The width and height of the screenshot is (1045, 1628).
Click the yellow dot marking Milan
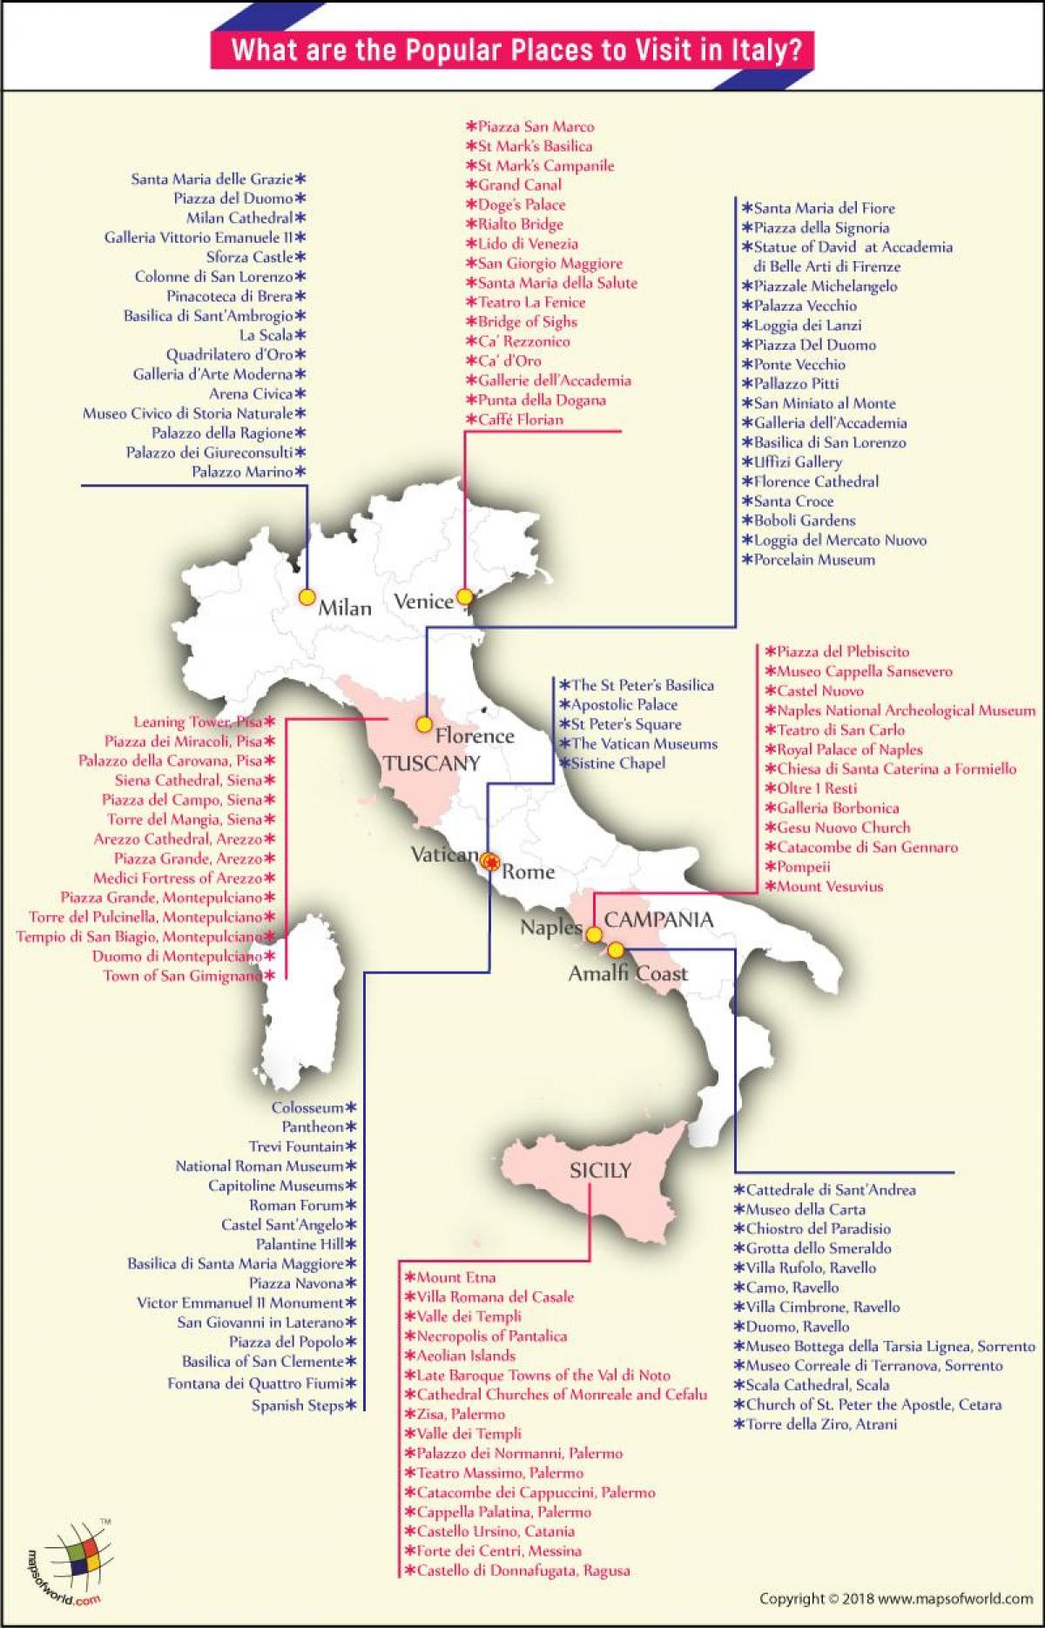[x=307, y=597]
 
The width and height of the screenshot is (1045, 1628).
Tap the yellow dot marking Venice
[x=464, y=596]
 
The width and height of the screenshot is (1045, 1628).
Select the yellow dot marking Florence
[x=424, y=724]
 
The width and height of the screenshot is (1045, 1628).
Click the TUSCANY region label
[x=432, y=764]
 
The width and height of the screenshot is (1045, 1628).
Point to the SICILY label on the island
[x=600, y=1171]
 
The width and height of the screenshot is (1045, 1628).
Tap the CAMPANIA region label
[x=658, y=919]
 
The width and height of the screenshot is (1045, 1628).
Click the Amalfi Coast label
[x=627, y=973]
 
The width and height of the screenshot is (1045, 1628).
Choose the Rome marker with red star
[x=491, y=862]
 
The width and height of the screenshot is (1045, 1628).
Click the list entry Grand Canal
[x=519, y=185]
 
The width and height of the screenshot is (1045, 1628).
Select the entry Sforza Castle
[x=250, y=257]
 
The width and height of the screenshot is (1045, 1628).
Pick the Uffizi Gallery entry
[x=798, y=462]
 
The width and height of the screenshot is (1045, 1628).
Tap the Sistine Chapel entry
[x=617, y=764]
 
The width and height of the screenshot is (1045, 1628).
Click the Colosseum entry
[x=307, y=1107]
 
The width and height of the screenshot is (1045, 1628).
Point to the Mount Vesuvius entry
[x=829, y=886]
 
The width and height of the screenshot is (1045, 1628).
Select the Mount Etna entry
[x=455, y=1277]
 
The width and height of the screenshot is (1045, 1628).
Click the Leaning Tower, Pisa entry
[x=198, y=722]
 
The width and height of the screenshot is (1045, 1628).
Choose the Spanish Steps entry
[x=298, y=1405]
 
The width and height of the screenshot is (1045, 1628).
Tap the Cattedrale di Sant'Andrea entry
[x=830, y=1189]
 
